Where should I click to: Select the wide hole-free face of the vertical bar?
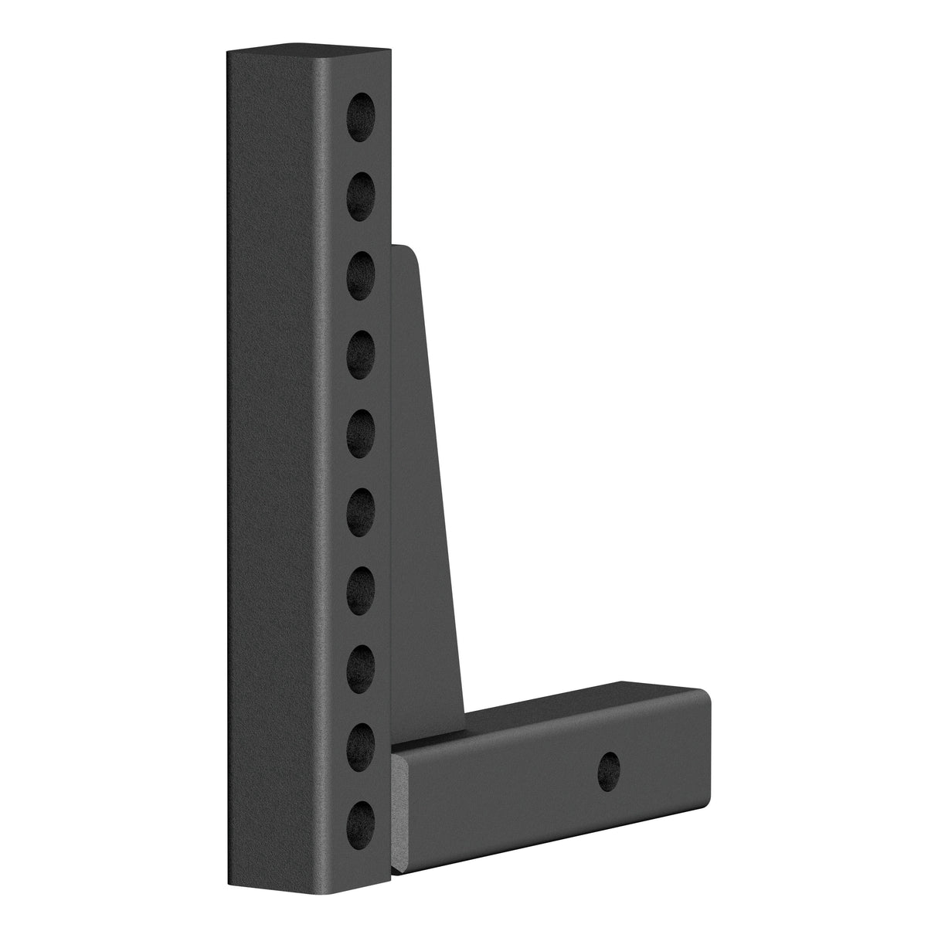pos(270,464)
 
